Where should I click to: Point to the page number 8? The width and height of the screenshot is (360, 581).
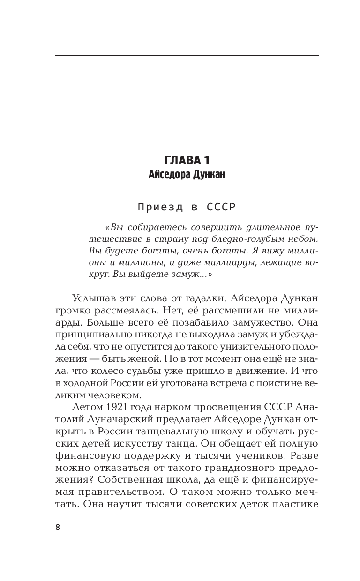point(58,527)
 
